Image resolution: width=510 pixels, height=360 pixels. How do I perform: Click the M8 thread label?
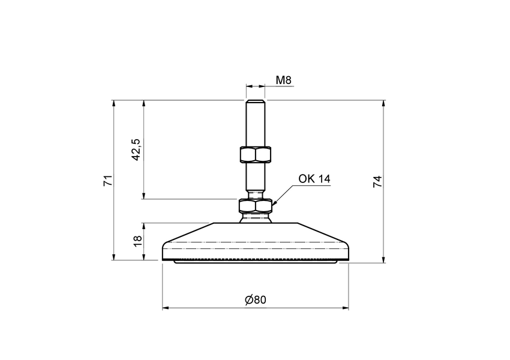click(283, 80)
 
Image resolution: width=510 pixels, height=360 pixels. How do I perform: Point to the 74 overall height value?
click(377, 182)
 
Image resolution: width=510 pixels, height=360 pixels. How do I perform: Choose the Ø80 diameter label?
click(256, 300)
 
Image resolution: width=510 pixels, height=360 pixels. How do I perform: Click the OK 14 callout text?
click(314, 179)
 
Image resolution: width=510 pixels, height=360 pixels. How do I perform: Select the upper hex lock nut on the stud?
click(255, 154)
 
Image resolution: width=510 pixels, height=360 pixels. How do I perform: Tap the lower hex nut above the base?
click(255, 206)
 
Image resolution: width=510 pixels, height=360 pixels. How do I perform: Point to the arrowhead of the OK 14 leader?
click(274, 204)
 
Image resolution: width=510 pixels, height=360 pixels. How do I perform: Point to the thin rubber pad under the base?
click(255, 262)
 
